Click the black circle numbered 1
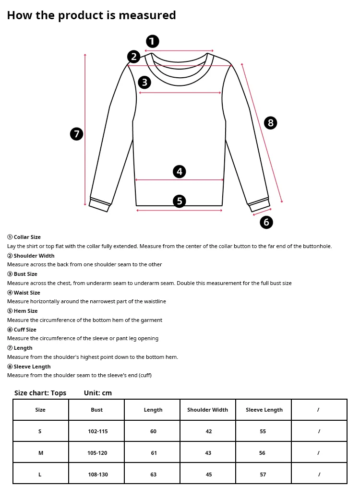(152, 41)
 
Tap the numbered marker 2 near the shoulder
(134, 57)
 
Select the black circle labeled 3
(144, 83)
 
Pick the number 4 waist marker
(180, 171)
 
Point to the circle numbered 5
(180, 201)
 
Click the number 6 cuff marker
(266, 222)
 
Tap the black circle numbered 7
(77, 134)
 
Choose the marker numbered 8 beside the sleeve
(271, 123)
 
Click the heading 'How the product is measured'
(91, 15)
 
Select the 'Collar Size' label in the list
(27, 237)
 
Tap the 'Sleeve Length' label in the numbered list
(32, 367)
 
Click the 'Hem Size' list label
(25, 311)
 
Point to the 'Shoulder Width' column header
(207, 410)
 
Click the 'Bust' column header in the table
(96, 410)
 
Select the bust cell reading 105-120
(97, 453)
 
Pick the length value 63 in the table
(153, 474)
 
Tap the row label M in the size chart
(40, 453)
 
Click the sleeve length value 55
(263, 431)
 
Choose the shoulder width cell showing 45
(208, 474)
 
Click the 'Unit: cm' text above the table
(98, 393)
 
